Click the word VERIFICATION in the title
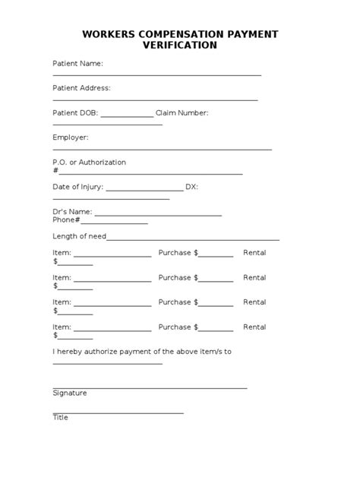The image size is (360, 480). (x=180, y=46)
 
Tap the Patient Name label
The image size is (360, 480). (x=77, y=63)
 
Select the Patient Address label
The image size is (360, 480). (x=81, y=88)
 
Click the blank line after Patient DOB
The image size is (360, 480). (x=127, y=116)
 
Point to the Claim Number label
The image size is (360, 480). (x=182, y=113)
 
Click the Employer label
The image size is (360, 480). (x=71, y=137)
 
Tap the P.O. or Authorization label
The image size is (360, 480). (x=89, y=163)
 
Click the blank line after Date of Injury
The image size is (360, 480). (x=144, y=191)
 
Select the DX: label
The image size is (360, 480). (x=191, y=187)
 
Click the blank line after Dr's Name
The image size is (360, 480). (x=158, y=215)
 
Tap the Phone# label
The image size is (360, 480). (x=66, y=220)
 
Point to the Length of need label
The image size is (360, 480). (x=79, y=236)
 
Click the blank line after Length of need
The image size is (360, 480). (x=193, y=239)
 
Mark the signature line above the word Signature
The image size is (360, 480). (x=150, y=388)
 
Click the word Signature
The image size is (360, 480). (x=70, y=393)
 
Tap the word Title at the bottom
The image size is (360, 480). (x=60, y=418)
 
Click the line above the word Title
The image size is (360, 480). (x=118, y=413)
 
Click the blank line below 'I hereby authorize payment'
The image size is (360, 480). (x=107, y=364)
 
